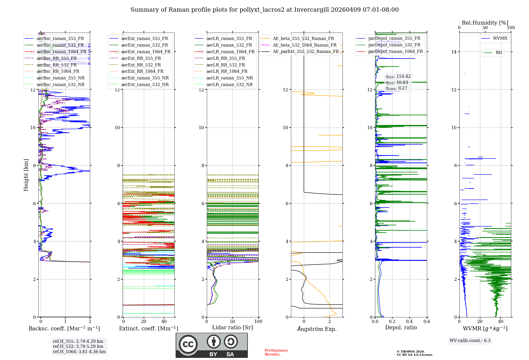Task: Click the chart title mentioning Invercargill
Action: (264, 10)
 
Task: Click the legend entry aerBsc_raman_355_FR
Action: (60, 39)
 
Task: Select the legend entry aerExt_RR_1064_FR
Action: (142, 71)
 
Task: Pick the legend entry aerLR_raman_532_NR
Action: (229, 85)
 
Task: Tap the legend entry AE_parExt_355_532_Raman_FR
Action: (305, 52)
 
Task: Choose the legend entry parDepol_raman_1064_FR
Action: (395, 52)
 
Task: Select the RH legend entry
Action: (499, 53)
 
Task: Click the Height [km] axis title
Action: (26, 175)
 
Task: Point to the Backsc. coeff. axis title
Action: (64, 328)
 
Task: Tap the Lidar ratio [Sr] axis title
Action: (232, 327)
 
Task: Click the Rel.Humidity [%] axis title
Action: (485, 23)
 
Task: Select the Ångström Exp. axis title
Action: (317, 329)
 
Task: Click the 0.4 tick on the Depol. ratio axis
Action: (409, 322)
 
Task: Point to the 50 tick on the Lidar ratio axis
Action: (232, 322)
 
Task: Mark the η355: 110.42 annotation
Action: (398, 76)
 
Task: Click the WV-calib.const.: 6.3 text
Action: (470, 341)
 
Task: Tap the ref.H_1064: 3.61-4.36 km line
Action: (79, 352)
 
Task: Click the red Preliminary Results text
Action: (276, 352)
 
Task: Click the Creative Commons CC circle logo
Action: (188, 344)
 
